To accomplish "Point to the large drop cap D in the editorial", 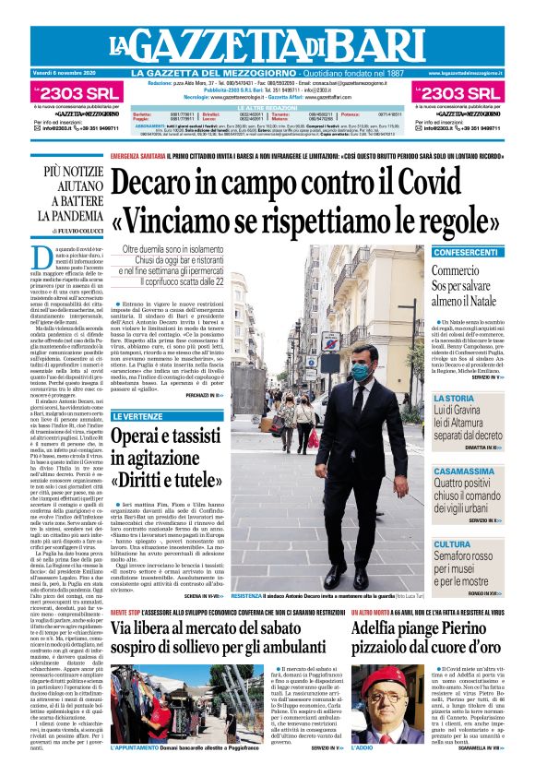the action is [x=42, y=258].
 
